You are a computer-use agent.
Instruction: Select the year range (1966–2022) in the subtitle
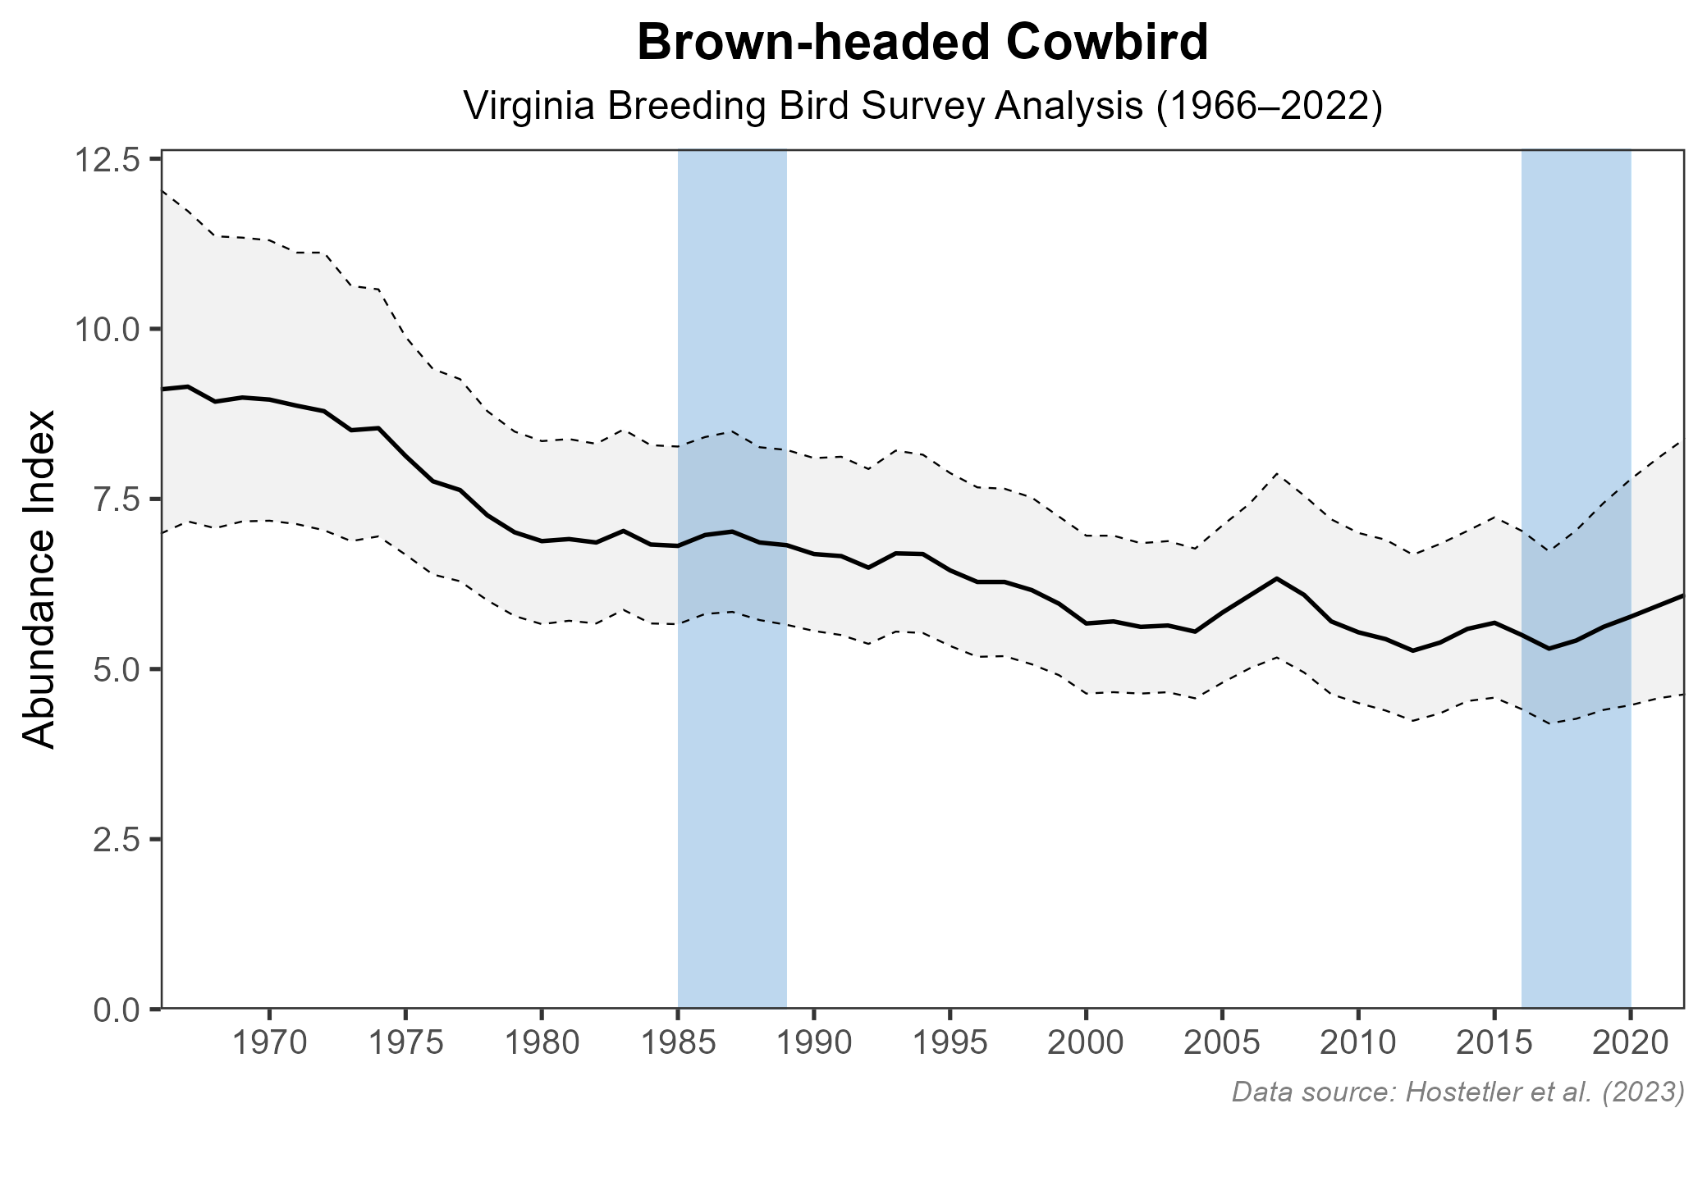pos(1269,107)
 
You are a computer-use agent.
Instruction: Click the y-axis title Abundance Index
pos(39,579)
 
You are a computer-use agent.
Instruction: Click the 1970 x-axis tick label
pos(269,1044)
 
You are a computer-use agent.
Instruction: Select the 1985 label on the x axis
pos(678,1044)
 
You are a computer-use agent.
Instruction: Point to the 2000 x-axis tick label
pos(1086,1044)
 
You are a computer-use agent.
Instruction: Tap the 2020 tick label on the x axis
pos(1630,1044)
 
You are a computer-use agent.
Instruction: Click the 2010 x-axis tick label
pos(1358,1044)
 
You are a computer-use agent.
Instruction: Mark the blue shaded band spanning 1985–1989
pos(732,820)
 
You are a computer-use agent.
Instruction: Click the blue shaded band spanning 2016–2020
pos(1576,820)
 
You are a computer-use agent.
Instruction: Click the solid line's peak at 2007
pos(1276,578)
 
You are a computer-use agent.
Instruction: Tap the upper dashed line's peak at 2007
pos(1276,473)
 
